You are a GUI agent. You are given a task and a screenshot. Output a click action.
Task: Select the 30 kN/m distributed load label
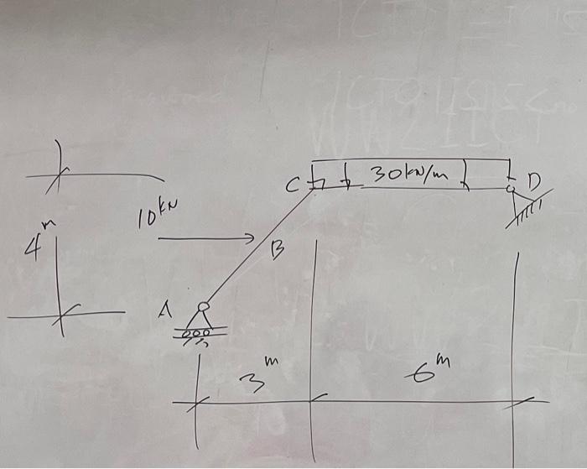click(409, 175)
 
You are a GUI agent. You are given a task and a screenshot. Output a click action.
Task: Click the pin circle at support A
click(203, 307)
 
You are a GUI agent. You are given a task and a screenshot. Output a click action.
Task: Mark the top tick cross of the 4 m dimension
click(58, 176)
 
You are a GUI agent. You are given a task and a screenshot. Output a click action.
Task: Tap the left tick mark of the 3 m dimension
click(196, 404)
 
